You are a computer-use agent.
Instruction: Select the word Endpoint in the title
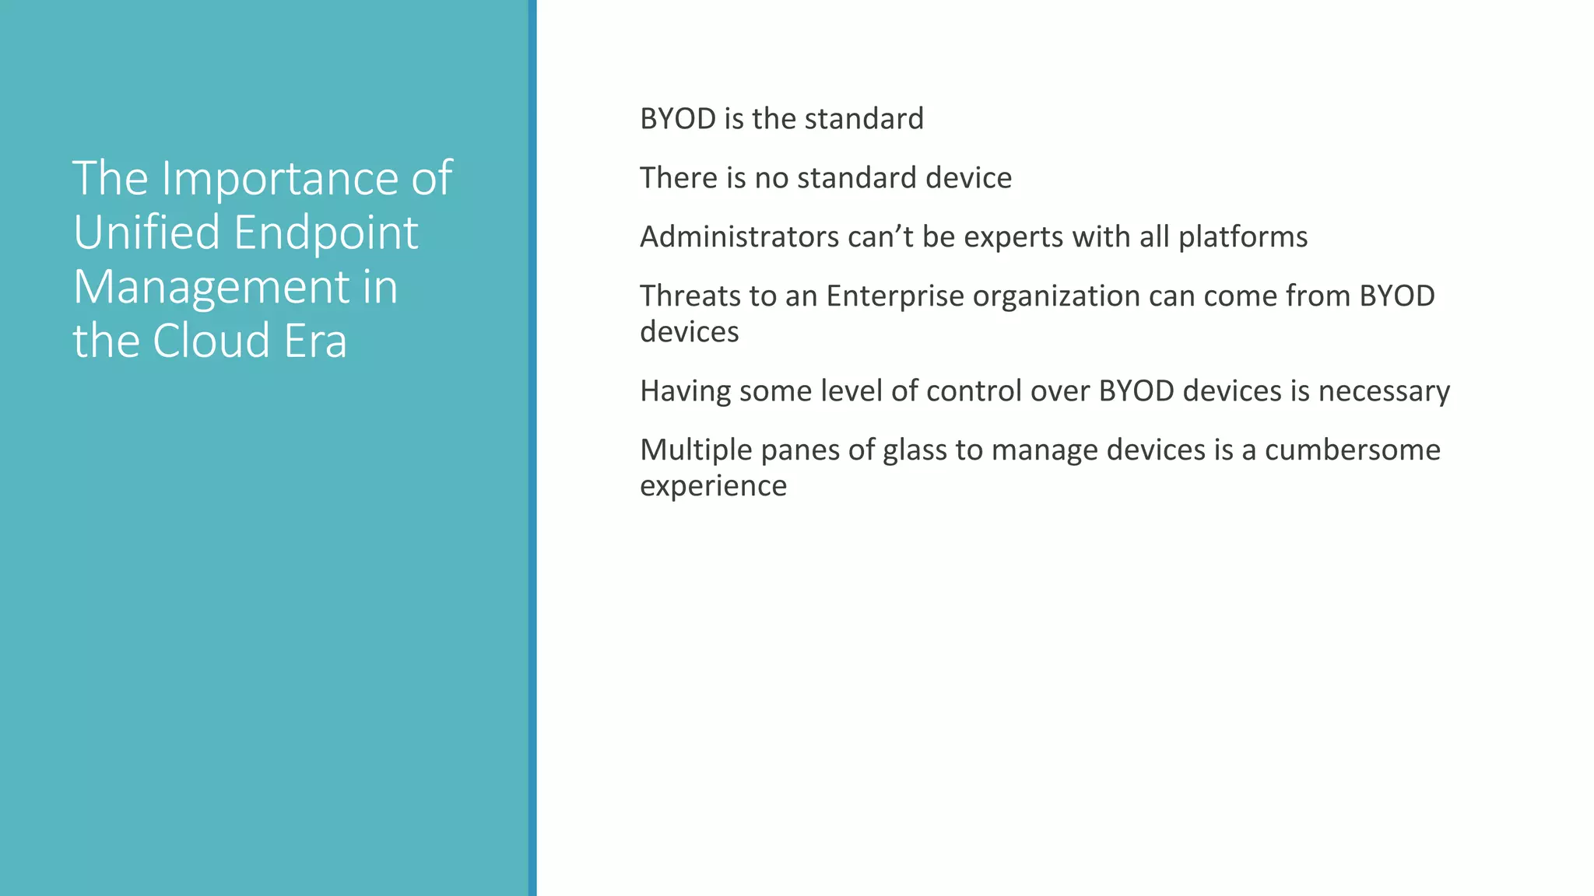(326, 234)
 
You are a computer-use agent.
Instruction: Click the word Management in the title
(211, 287)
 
